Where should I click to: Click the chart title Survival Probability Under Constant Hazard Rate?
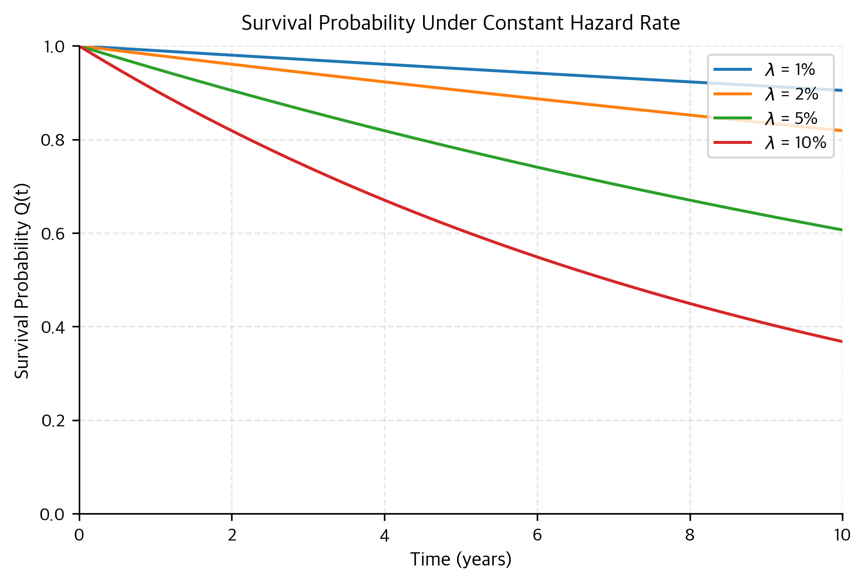460,23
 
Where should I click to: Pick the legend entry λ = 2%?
791,94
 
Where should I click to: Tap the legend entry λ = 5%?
791,118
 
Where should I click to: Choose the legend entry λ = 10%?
795,142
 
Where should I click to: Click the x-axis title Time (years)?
460,560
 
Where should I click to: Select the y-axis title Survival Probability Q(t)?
22,280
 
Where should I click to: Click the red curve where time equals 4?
384,200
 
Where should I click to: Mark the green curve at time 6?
537,167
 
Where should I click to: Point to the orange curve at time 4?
384,82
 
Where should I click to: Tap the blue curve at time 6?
537,73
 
